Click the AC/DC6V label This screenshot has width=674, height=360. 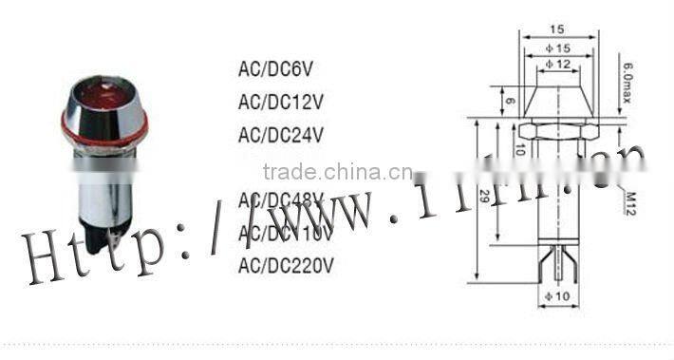coord(274,69)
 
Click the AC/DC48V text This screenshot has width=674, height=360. coord(281,199)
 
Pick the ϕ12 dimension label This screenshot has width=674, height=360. coord(558,64)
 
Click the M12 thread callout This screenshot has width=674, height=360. coord(629,202)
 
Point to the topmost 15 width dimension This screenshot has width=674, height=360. coord(558,29)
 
